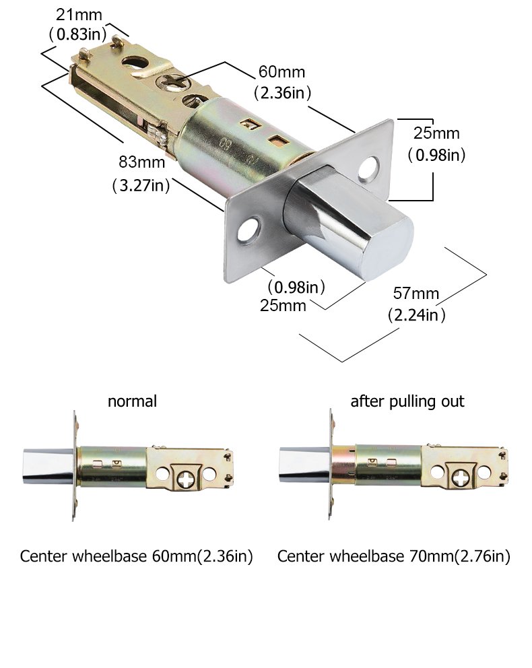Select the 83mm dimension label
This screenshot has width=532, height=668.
(137, 162)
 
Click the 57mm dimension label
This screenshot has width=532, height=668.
(416, 294)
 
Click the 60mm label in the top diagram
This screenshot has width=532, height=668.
(281, 72)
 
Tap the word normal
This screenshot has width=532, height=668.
(132, 401)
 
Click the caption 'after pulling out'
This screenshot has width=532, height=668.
(407, 401)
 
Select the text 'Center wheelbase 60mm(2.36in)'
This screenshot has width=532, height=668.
(136, 557)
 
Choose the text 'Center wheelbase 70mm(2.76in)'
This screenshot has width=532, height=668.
(394, 557)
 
